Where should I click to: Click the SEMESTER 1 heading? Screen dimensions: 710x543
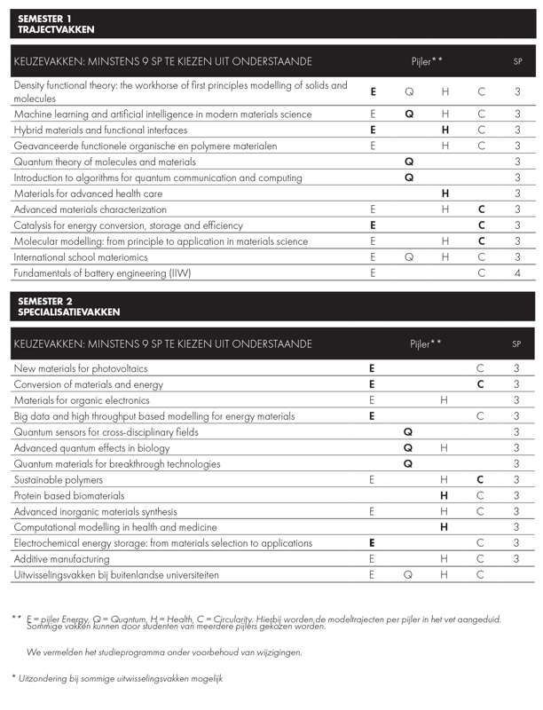tap(44, 18)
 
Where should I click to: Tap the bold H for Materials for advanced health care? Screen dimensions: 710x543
tap(445, 193)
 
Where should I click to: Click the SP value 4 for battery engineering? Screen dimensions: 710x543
tap(517, 272)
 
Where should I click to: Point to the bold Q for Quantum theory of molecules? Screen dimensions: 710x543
tap(409, 162)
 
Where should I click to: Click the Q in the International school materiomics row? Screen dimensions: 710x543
tap(409, 256)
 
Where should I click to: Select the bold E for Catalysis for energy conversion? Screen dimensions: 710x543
tap(373, 225)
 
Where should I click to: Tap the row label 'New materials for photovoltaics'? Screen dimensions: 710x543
tap(81, 368)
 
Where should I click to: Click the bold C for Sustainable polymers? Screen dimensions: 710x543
tap(481, 479)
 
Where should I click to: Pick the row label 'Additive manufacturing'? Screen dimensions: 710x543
tap(62, 559)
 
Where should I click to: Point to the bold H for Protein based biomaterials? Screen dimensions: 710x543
tap(445, 495)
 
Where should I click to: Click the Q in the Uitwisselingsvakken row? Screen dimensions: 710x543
tap(409, 575)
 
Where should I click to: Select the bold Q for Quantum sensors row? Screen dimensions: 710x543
tap(409, 432)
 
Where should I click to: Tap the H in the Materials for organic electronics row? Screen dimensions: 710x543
tap(445, 400)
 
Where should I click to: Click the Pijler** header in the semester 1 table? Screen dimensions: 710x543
tap(427, 61)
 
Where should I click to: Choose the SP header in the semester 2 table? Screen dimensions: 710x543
tap(517, 343)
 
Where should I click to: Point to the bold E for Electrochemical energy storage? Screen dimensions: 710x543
tap(373, 543)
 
